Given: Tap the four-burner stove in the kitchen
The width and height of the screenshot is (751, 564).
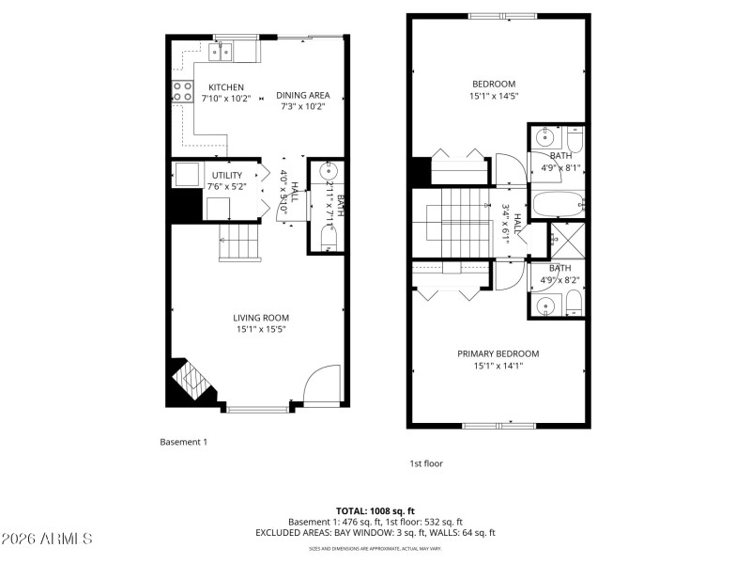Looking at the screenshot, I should click(181, 91).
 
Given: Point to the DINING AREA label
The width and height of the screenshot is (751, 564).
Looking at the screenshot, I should click(302, 95).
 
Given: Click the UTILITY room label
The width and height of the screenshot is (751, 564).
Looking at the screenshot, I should click(227, 175).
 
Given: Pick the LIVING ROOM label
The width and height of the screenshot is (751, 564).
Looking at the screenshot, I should click(261, 318).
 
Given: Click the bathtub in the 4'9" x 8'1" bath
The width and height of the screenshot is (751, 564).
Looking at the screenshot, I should click(558, 205).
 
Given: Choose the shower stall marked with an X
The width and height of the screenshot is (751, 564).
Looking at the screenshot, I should click(566, 241).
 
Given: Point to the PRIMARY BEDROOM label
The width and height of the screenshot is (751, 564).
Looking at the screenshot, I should click(498, 353).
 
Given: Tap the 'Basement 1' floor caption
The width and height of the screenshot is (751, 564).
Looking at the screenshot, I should click(183, 441).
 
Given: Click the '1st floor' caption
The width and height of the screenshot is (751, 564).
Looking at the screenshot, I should click(425, 463).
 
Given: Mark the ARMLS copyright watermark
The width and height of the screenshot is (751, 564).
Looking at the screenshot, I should click(47, 540).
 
